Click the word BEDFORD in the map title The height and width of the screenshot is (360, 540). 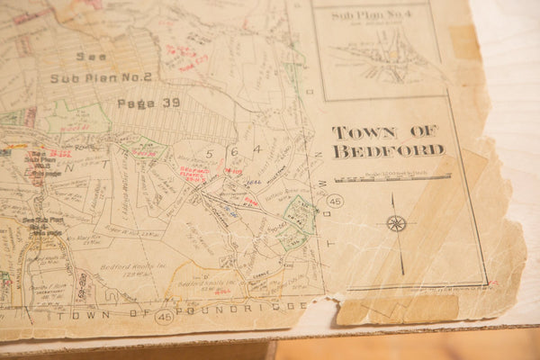click(x=388, y=151)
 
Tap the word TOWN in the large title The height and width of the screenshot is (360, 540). click(x=363, y=132)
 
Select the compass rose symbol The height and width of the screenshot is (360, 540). click(x=396, y=223)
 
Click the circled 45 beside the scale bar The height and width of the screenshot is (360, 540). click(x=335, y=201)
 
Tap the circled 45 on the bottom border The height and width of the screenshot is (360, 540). click(x=164, y=317)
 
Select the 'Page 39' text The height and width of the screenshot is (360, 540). click(x=148, y=103)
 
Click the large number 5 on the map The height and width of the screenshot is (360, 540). click(x=209, y=153)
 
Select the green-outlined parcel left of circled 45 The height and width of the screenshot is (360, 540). click(x=297, y=220)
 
